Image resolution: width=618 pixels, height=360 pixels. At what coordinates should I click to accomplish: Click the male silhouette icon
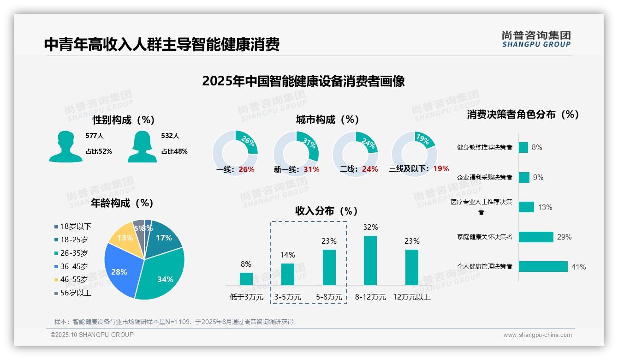65,146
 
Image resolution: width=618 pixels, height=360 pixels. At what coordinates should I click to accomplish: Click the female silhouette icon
142,146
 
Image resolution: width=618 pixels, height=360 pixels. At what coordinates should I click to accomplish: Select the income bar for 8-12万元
370,260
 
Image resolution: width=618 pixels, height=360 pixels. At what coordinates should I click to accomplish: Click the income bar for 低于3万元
246,279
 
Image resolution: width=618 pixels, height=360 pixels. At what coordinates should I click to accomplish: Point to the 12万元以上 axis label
411,297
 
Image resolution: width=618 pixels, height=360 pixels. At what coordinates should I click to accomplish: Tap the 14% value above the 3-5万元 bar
287,255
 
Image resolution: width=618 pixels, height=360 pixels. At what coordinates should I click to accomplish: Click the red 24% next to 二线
370,169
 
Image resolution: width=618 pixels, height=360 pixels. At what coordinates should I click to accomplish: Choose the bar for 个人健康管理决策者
543,266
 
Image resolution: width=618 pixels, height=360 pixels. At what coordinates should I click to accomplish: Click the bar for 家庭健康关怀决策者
536,237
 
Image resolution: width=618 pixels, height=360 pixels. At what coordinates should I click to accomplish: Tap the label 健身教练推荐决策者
484,147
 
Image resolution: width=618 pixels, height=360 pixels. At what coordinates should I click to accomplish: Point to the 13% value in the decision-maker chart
545,207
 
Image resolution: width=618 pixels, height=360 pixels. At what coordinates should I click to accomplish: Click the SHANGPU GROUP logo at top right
536,39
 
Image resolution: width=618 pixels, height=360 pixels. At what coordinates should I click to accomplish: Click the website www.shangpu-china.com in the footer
537,335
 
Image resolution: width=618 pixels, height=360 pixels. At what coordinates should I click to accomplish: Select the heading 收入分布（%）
327,211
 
